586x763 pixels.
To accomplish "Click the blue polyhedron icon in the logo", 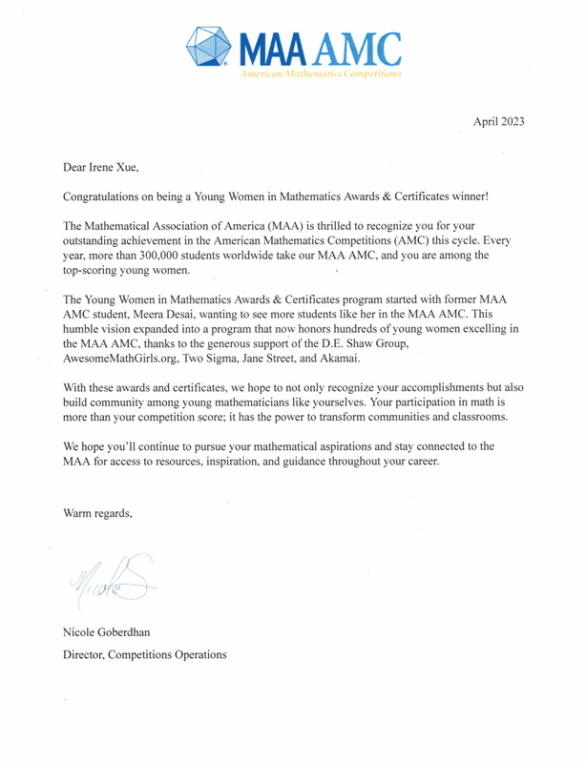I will coord(207,46).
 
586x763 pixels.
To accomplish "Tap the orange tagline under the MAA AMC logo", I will coord(320,72).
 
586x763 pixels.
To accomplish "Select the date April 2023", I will coord(499,121).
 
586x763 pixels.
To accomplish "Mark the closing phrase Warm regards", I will coord(97,513).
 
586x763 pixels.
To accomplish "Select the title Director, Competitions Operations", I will coord(145,655).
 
